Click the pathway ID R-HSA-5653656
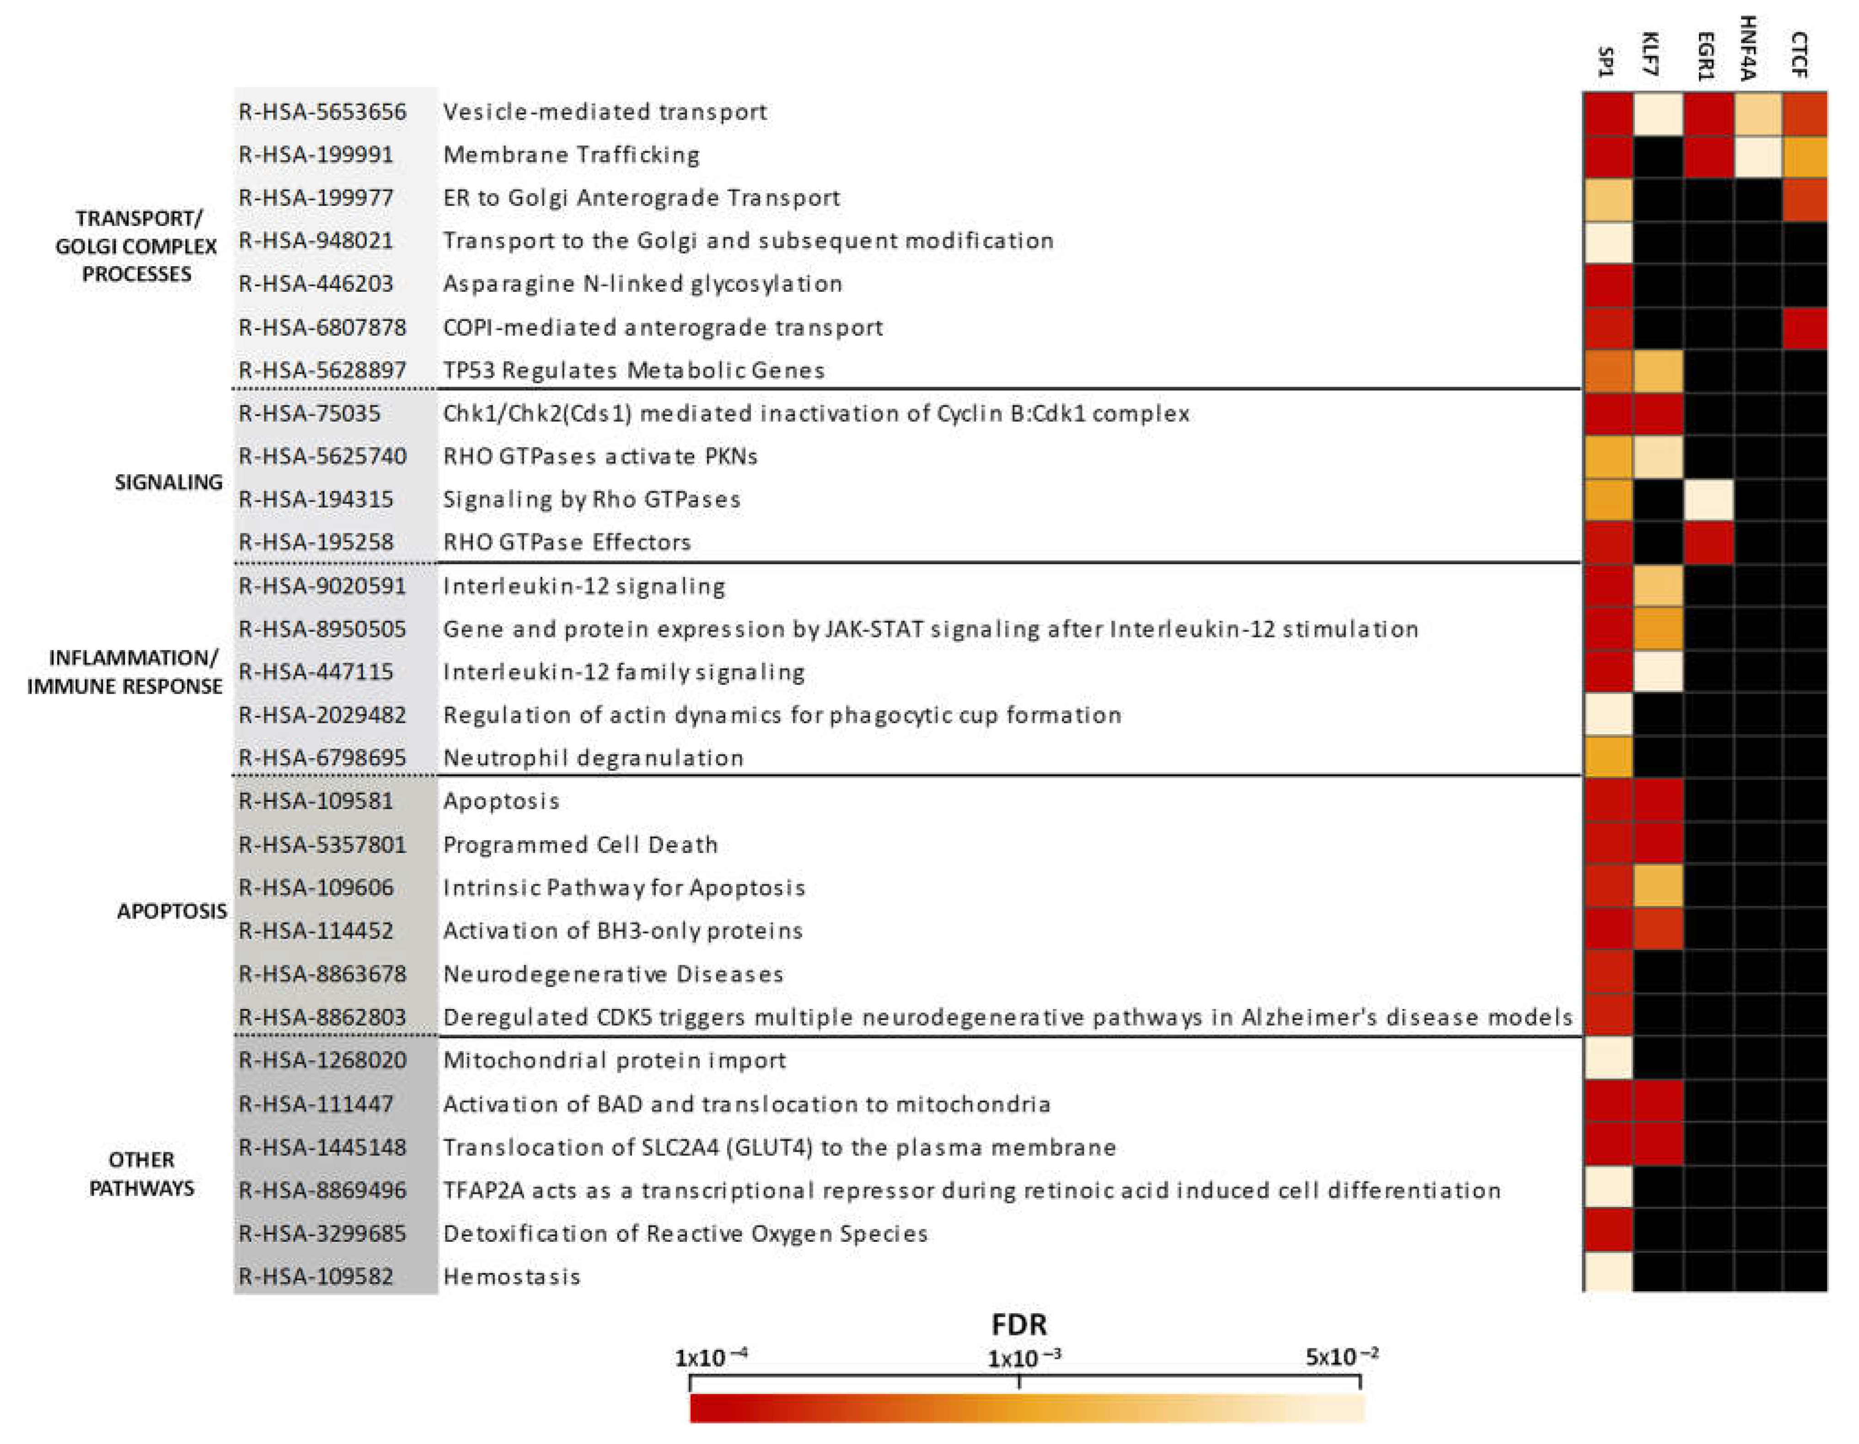coord(322,112)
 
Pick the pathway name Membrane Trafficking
coord(571,155)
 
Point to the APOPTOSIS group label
coord(172,911)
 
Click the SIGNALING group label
coord(169,482)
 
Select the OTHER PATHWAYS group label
coord(141,1174)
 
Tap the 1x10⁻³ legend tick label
coord(1024,1357)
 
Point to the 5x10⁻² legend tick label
coord(1341,1356)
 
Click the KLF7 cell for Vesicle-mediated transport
coord(1657,114)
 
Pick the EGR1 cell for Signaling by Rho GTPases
coord(1709,500)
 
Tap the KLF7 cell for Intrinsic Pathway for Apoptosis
coord(1657,886)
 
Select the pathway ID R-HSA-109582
coord(316,1276)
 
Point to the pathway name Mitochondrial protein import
coord(614,1060)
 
